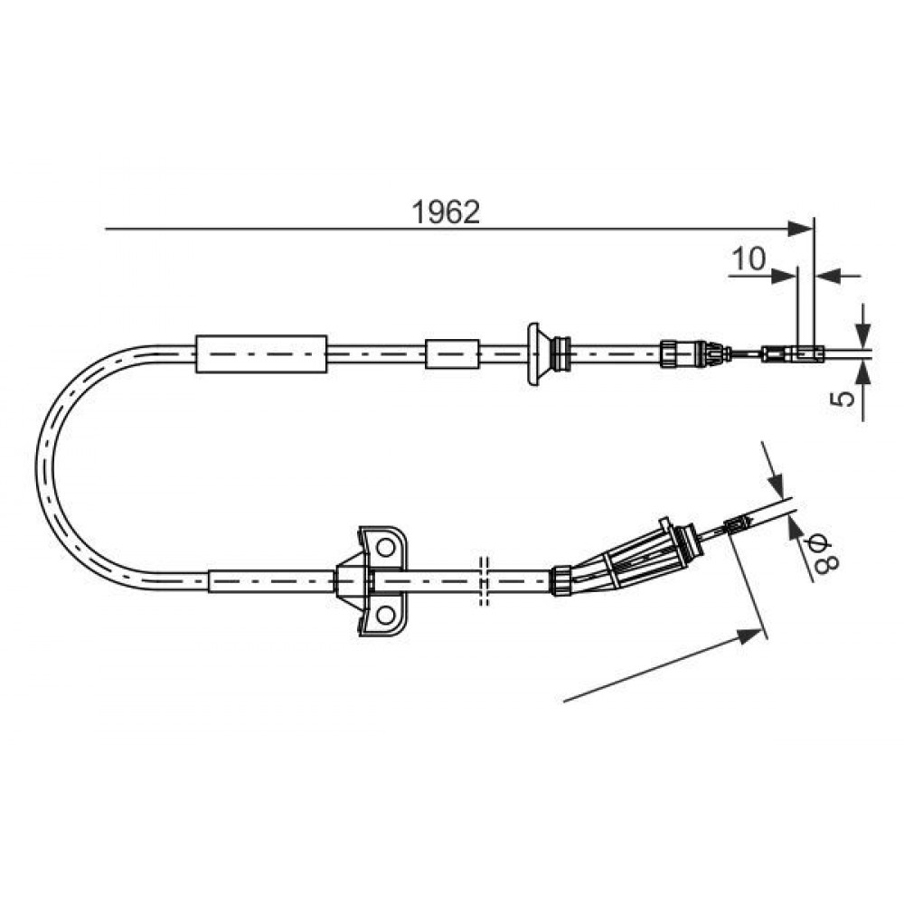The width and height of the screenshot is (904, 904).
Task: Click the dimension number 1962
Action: (x=445, y=212)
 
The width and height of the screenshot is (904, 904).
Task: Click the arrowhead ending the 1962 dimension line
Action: (x=800, y=229)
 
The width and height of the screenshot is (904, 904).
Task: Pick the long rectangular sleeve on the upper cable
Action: (x=261, y=353)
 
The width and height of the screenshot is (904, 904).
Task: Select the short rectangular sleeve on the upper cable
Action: (x=452, y=354)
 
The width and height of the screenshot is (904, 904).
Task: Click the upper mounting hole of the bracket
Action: (x=383, y=547)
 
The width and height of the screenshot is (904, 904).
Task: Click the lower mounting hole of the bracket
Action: (x=383, y=615)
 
